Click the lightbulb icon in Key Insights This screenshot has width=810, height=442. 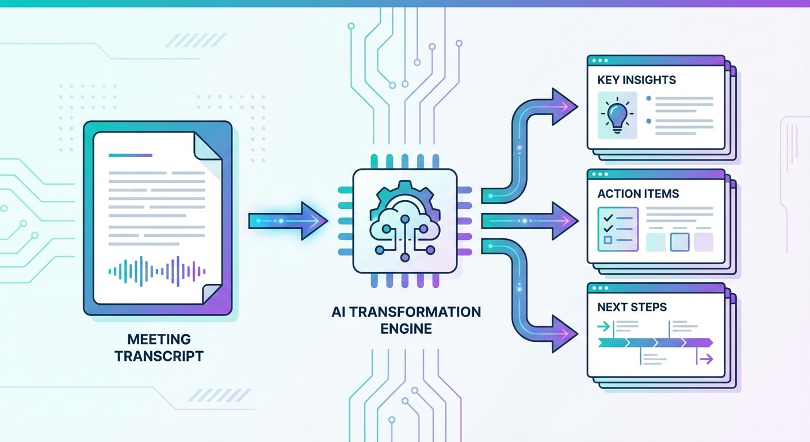pos(617,115)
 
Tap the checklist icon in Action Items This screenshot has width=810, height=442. pos(618,230)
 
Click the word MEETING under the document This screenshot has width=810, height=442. pos(159,339)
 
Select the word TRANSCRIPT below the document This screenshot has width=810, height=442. pos(159,356)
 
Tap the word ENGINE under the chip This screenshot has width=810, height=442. pos(406,329)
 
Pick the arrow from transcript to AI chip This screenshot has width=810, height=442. pos(288,220)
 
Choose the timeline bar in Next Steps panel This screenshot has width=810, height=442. pos(655,343)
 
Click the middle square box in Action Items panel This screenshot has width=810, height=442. pos(679,242)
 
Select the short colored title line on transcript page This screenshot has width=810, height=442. pos(130,155)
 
